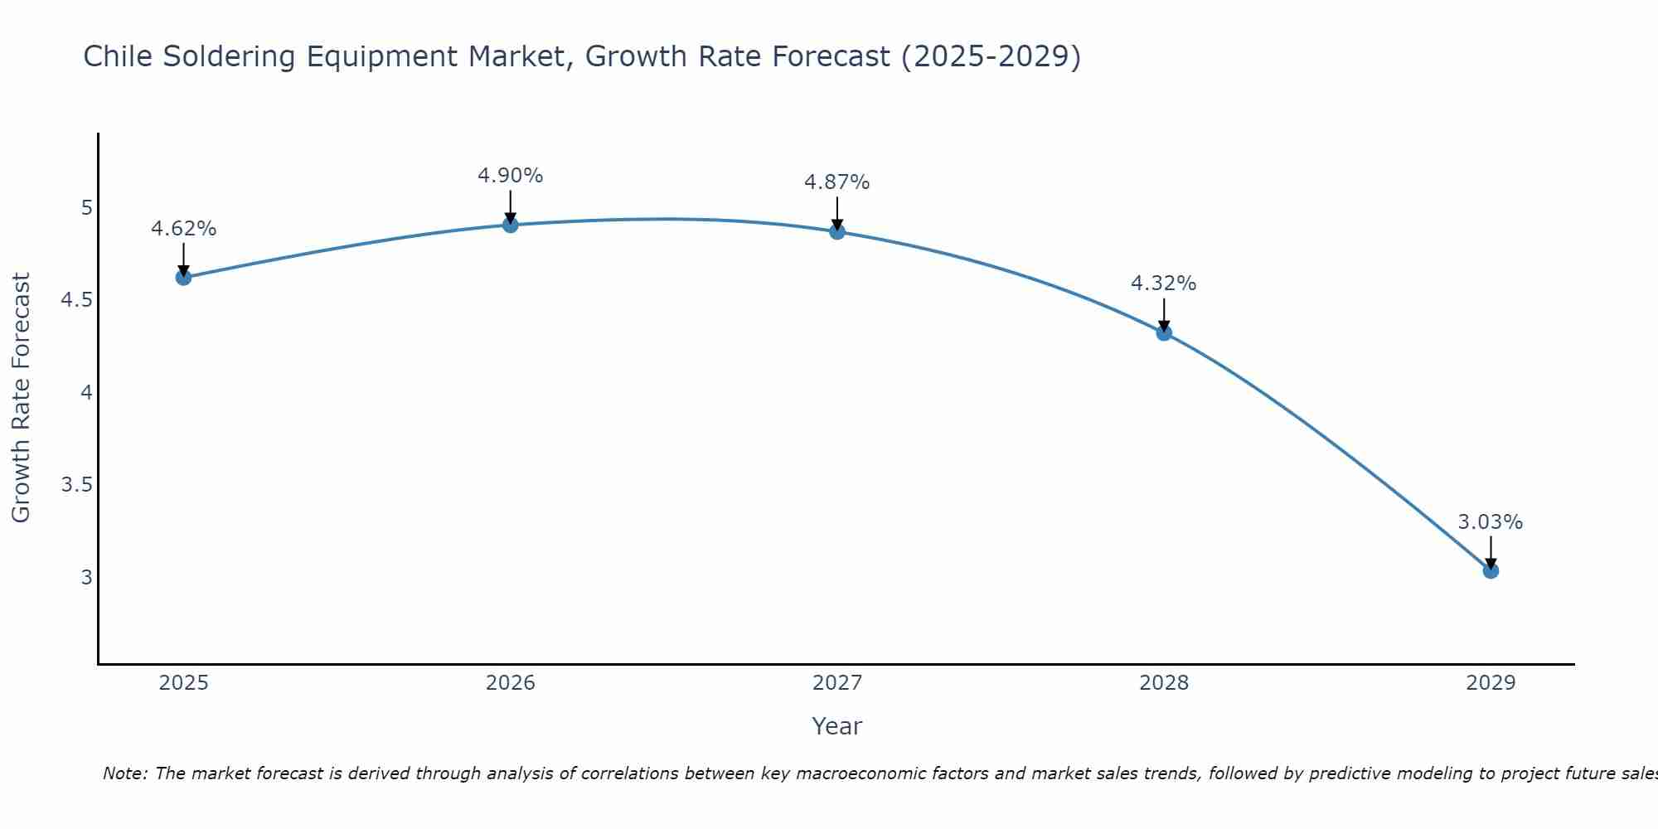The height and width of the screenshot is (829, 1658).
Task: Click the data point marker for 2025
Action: click(184, 277)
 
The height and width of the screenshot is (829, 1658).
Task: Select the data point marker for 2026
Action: click(511, 225)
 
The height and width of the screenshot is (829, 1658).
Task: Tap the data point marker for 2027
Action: click(837, 231)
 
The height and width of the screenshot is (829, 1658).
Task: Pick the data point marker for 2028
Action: click(1164, 333)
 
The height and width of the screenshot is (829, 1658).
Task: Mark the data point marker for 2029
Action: click(1491, 570)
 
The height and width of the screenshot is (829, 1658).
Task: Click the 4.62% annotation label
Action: click(184, 229)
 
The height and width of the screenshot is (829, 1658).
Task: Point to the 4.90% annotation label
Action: click(511, 176)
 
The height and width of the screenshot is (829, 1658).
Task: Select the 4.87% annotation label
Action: click(837, 182)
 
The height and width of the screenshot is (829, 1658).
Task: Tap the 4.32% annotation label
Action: click(1164, 284)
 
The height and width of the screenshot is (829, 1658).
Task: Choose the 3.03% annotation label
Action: click(1491, 522)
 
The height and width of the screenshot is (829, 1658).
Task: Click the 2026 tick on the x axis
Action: click(511, 683)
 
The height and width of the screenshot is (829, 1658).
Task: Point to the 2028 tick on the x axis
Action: click(1164, 683)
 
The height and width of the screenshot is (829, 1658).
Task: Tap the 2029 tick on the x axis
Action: click(1491, 683)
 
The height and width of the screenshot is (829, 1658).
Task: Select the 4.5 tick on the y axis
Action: click(76, 300)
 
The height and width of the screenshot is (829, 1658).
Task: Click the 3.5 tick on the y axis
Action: click(76, 485)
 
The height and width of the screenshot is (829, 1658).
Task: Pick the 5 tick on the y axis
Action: click(86, 207)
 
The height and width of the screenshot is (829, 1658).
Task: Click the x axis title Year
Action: click(837, 726)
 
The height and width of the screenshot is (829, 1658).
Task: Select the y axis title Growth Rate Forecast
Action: click(22, 398)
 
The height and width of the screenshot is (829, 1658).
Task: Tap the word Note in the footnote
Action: click(124, 773)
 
